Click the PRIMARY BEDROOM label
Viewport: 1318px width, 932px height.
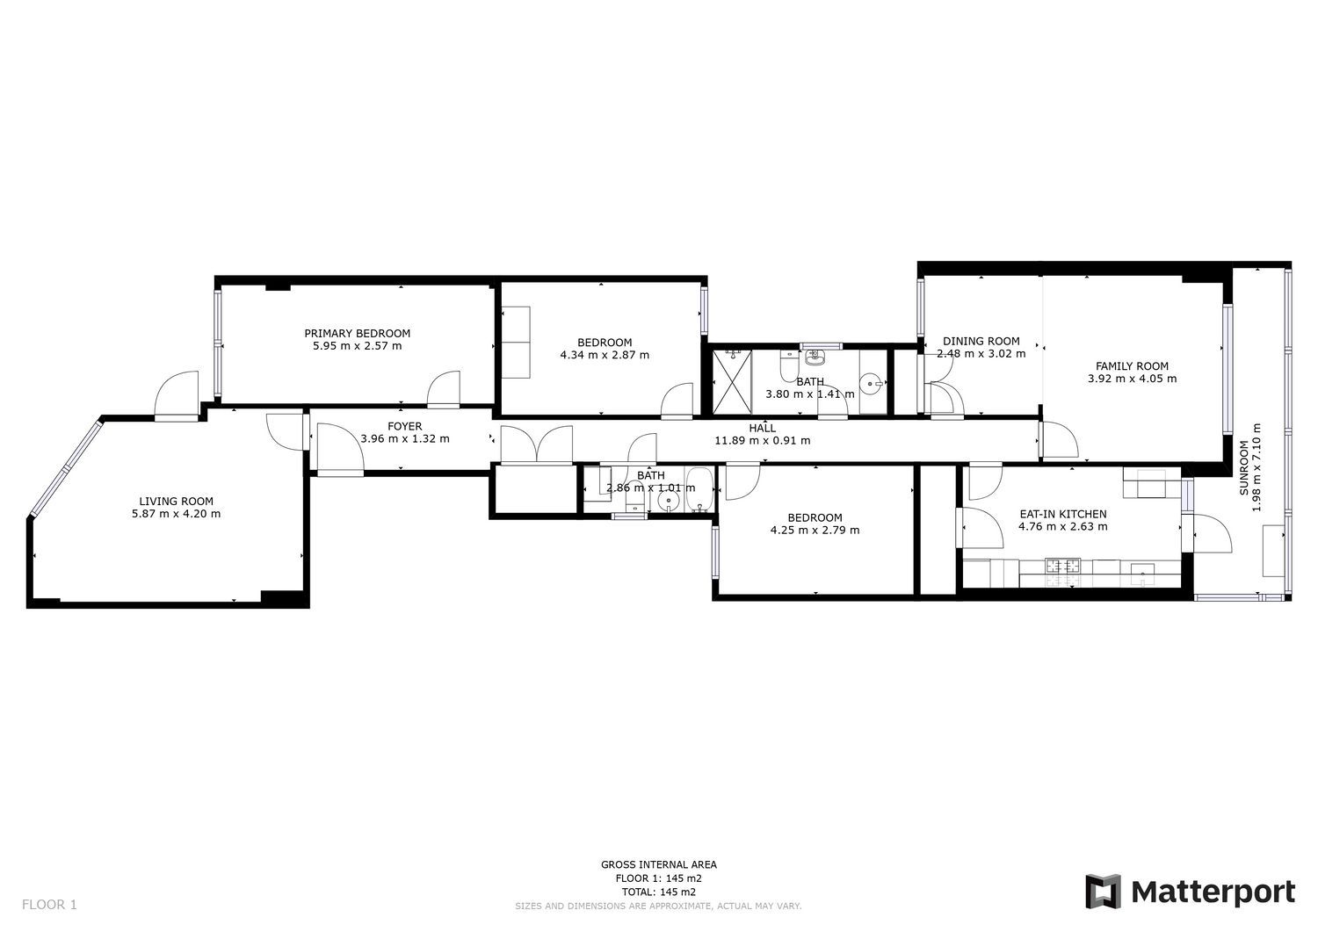357,333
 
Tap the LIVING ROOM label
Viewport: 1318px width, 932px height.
176,502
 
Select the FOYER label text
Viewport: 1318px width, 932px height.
405,426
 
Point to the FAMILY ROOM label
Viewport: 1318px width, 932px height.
1132,366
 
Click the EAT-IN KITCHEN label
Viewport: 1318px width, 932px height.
1063,514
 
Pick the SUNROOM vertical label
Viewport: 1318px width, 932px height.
1244,468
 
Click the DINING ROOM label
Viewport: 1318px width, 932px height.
981,341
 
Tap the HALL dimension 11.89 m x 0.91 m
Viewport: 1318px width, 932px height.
763,440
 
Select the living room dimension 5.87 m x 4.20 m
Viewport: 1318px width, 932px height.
177,514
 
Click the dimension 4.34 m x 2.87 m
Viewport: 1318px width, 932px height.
605,355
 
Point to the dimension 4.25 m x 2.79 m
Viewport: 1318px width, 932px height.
815,531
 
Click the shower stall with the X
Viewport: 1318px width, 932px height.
733,381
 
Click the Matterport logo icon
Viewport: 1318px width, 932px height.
1104,892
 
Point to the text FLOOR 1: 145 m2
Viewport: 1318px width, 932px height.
658,878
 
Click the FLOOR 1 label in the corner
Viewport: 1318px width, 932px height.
49,905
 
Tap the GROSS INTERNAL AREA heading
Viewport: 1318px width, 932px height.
658,864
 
